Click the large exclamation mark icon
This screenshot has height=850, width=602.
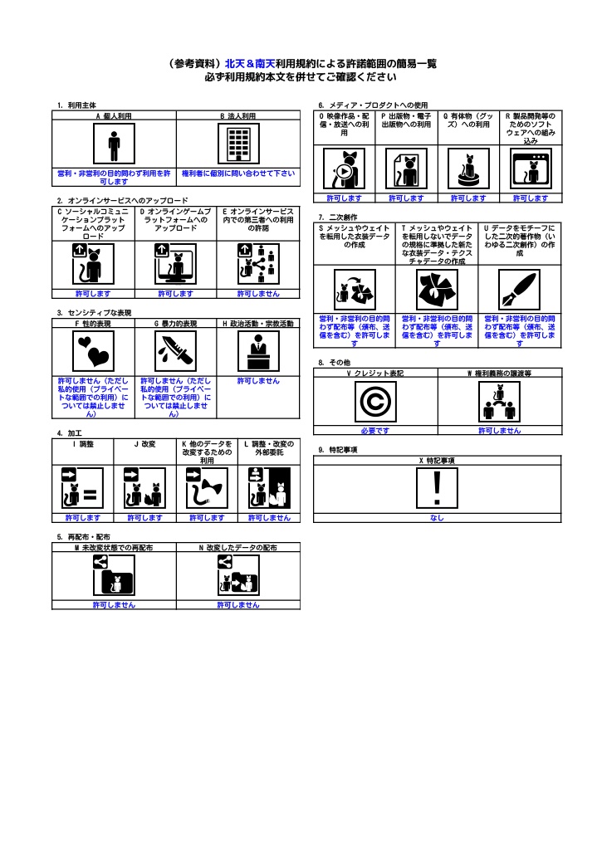[438, 488]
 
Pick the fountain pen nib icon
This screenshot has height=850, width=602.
[520, 289]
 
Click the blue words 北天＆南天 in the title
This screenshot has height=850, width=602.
[250, 63]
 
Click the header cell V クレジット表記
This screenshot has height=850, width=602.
[375, 374]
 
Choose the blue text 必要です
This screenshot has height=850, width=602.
[375, 431]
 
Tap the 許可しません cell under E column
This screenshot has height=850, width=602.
[258, 293]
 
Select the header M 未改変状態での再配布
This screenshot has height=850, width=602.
[114, 548]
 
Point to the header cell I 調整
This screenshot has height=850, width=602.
[82, 445]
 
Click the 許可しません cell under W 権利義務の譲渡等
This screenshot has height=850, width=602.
[500, 431]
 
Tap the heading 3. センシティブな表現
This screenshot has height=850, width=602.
[94, 313]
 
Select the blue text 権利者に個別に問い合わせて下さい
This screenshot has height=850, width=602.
[238, 173]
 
